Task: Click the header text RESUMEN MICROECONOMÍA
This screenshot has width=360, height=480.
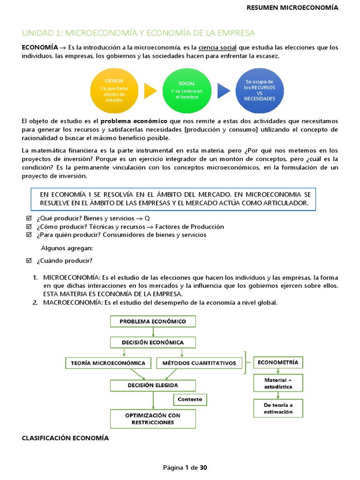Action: coord(292,7)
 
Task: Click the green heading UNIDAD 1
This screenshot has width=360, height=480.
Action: coord(139,33)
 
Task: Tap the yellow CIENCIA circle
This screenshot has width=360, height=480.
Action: coord(114,90)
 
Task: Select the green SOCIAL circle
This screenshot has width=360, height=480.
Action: coord(187,90)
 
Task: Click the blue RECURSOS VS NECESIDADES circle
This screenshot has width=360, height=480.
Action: coord(260,90)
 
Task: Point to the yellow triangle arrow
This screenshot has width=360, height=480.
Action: coord(150,90)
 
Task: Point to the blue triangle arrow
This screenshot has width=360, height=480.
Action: coord(224,90)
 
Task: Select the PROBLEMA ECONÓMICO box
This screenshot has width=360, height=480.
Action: coord(153,321)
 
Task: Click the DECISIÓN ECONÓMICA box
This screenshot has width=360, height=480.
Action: coord(153,342)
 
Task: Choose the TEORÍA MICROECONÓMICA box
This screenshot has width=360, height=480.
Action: coord(108,363)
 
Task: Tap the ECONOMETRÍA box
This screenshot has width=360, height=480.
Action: coord(278,362)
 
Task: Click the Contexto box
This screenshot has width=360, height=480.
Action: coord(190,399)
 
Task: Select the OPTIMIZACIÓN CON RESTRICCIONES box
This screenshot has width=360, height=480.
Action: coord(153,419)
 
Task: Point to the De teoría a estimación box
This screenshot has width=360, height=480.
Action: coord(278,408)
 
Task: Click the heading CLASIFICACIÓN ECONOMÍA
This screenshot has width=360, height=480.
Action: coord(65,438)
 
